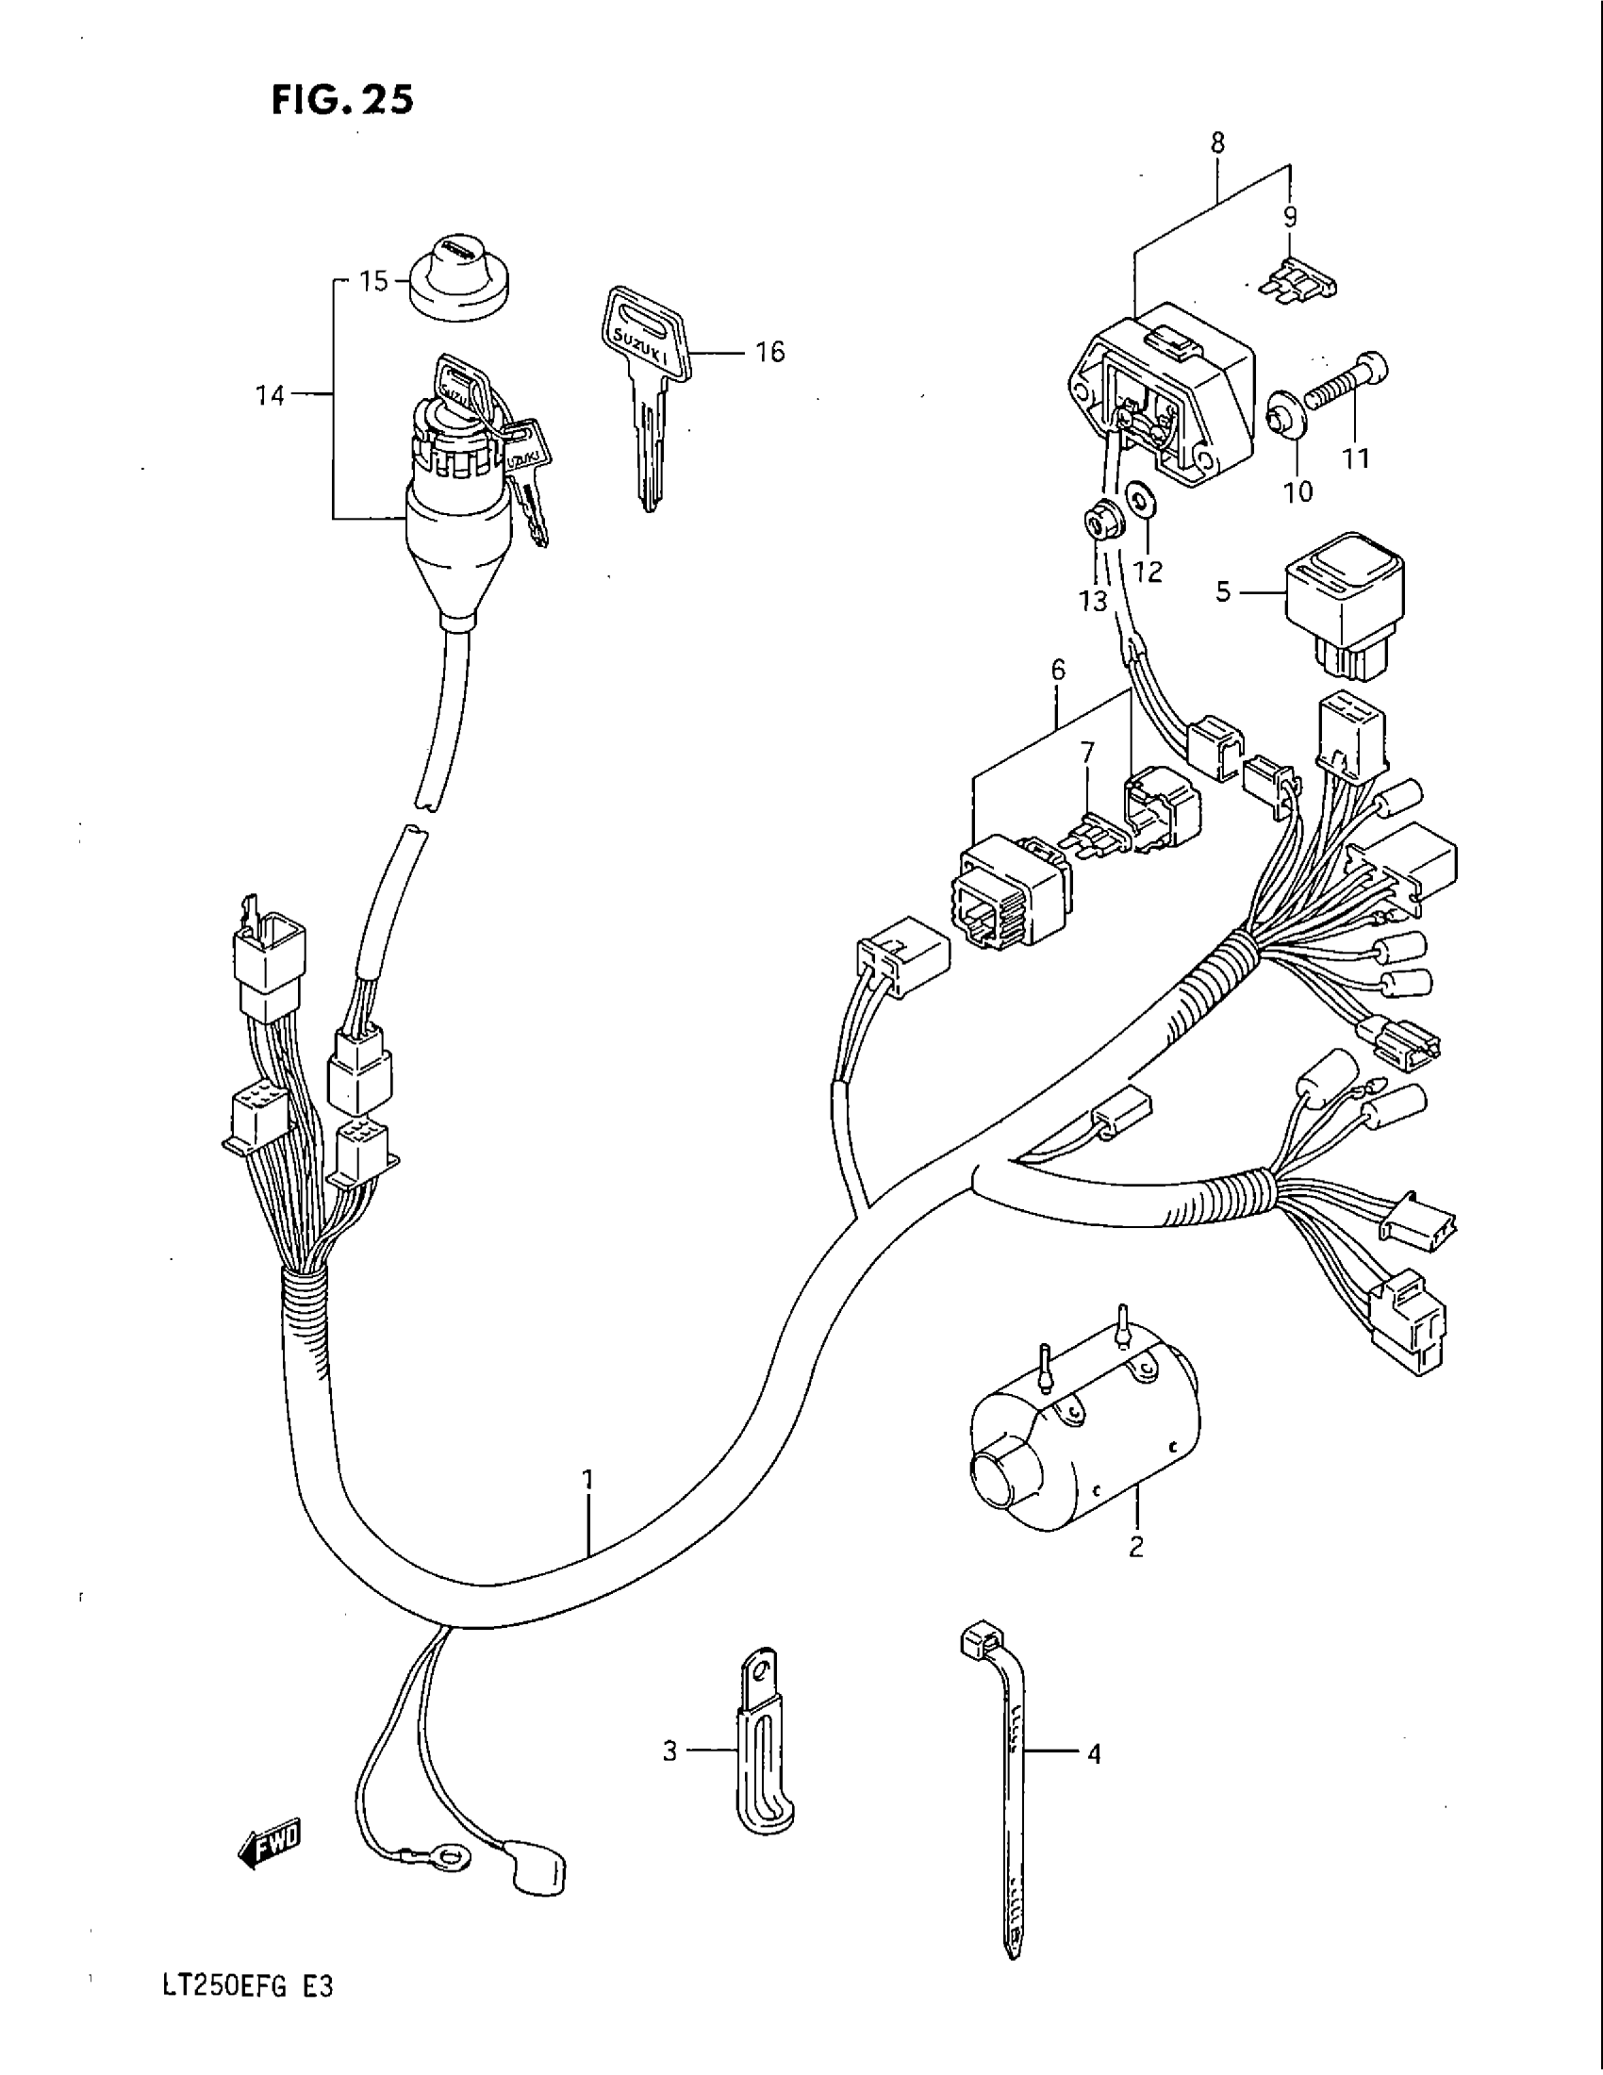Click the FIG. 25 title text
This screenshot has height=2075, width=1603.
343,100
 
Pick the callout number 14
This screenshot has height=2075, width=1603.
271,395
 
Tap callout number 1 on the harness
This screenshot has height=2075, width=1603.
588,1479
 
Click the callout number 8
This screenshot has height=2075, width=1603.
1217,142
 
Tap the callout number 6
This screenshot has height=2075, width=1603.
1058,670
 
